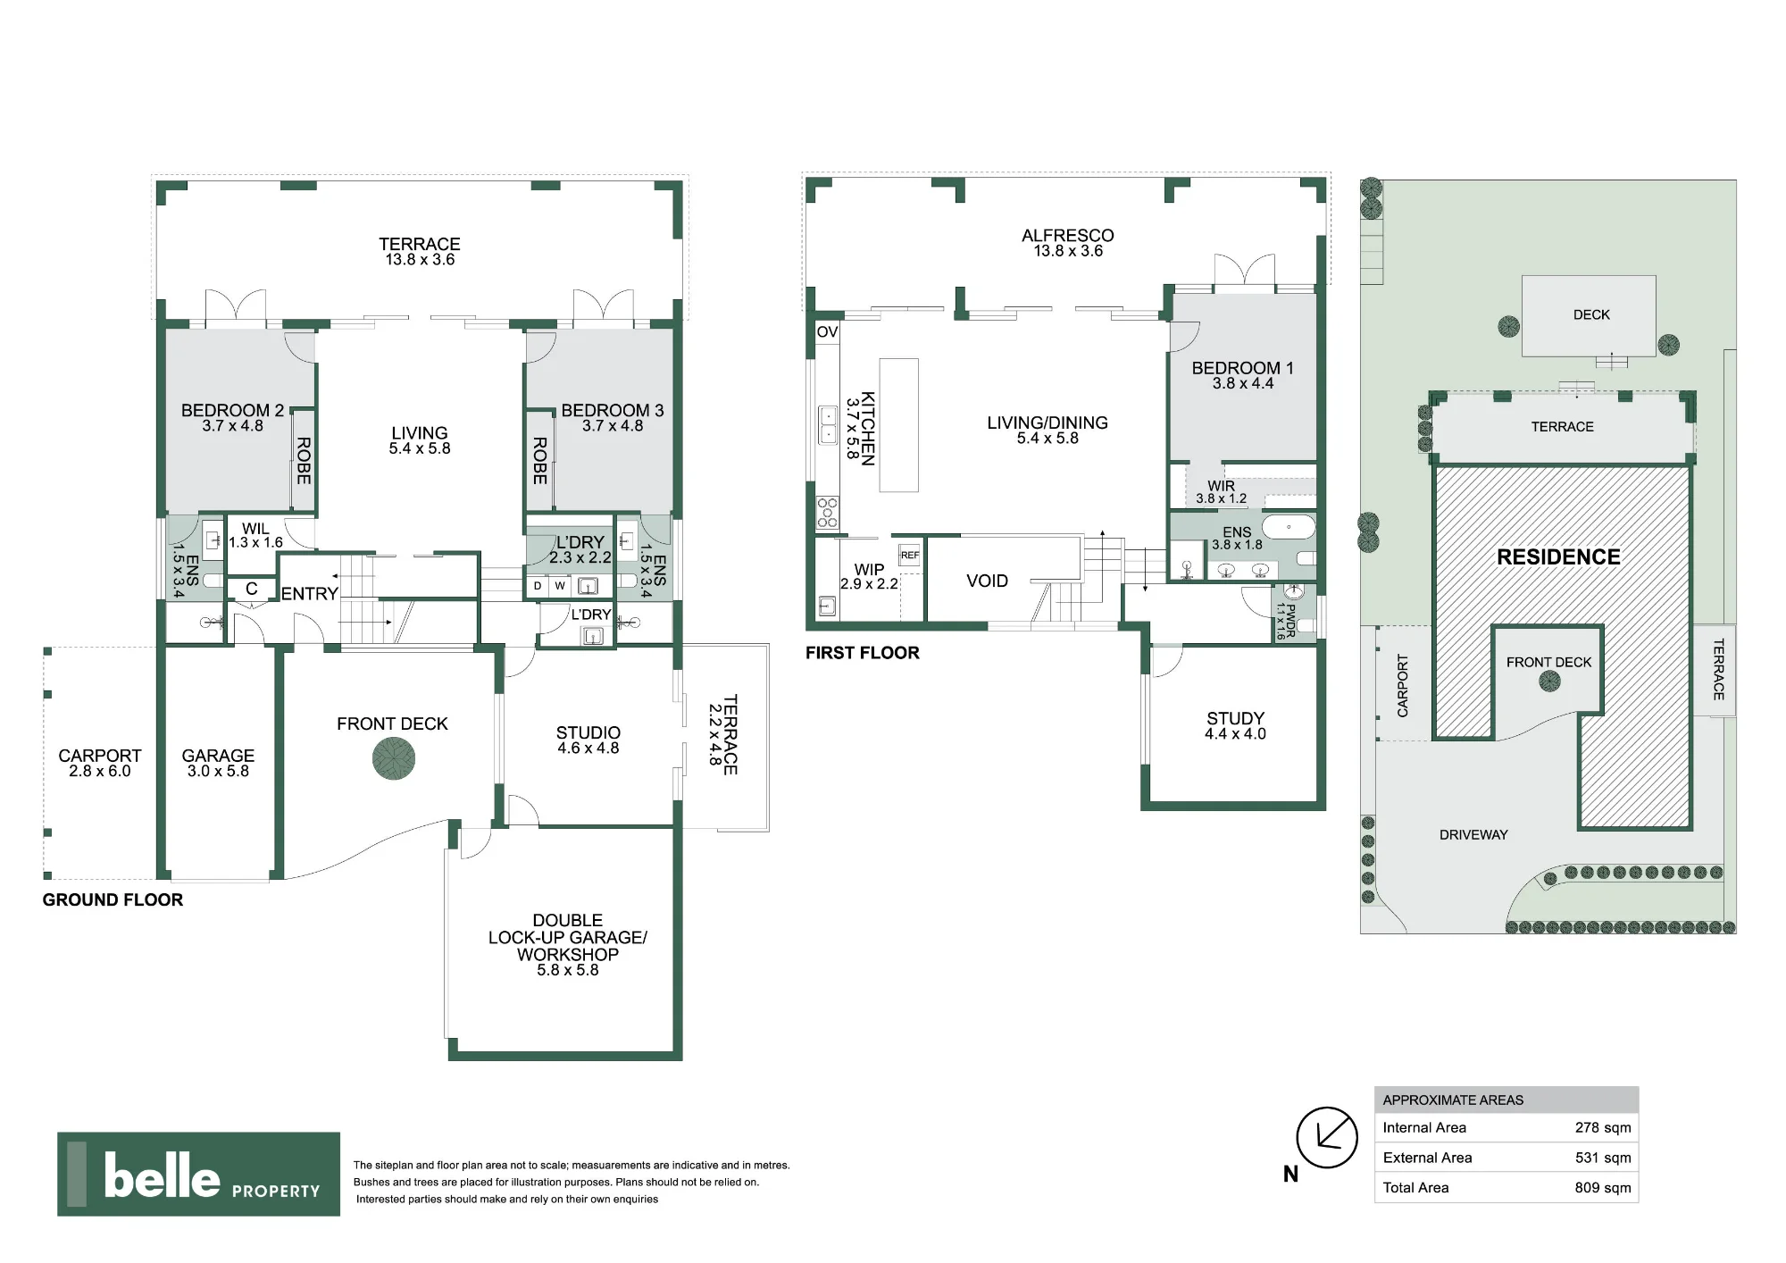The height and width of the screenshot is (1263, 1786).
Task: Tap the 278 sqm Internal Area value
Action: point(1603,1127)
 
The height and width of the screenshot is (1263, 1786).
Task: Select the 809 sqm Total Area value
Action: point(1603,1187)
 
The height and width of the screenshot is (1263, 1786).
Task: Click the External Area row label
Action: point(1427,1158)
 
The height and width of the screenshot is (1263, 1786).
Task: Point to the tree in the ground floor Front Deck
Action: point(394,760)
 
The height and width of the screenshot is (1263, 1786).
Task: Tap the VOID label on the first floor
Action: point(987,581)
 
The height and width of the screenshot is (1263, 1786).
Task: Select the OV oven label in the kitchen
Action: point(827,332)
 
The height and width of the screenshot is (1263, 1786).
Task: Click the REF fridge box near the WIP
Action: point(909,556)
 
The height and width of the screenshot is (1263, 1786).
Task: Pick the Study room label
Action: point(1235,725)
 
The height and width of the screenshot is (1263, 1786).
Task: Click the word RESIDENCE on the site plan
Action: point(1558,557)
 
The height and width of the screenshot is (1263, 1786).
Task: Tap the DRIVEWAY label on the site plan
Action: point(1473,835)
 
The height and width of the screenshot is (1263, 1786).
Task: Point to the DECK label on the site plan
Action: point(1591,314)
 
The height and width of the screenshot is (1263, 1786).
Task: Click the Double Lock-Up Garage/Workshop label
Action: point(567,945)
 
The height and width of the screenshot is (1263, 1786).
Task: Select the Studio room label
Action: point(588,740)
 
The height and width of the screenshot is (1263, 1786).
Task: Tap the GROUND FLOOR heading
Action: point(113,900)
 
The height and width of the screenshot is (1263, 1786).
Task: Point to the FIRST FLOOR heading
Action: point(862,653)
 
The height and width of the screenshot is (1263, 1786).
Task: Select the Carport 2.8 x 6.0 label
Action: point(99,763)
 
